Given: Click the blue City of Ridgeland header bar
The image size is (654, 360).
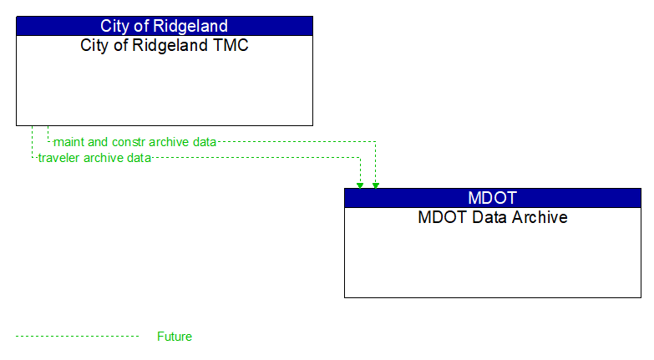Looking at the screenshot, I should (165, 25).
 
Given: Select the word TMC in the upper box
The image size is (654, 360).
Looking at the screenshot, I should (231, 45).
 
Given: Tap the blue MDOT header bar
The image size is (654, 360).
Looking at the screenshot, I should (493, 198).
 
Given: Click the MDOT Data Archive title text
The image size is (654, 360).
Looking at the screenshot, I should (493, 217).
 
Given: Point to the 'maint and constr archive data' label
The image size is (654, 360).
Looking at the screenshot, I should (134, 142).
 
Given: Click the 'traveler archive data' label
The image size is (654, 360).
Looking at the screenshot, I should (94, 158).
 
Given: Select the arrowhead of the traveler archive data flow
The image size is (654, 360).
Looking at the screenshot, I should (360, 185).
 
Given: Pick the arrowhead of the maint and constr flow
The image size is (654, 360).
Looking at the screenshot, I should (376, 185).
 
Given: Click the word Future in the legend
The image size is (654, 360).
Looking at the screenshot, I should (174, 337).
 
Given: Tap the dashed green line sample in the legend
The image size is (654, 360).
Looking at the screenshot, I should (77, 337).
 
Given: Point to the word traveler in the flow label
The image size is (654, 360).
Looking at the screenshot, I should (60, 158).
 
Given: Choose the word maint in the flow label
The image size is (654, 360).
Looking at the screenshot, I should (69, 142).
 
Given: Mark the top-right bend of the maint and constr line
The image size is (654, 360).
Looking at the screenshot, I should (376, 142).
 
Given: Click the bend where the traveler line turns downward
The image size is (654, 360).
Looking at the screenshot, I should (360, 158).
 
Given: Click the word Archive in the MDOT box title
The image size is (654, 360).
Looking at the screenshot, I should (539, 217).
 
